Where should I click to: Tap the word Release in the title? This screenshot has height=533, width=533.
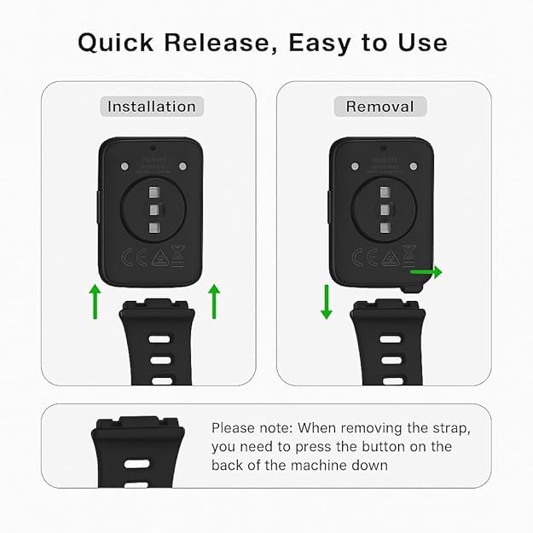coord(225,43)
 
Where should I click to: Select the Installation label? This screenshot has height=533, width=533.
coord(151,107)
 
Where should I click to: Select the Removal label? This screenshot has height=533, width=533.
coord(379,107)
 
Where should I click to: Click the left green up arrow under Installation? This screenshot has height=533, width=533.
coord(96,302)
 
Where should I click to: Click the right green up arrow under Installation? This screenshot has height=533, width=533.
coord(214,302)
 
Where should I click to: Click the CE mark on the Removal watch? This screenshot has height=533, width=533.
coord(359,257)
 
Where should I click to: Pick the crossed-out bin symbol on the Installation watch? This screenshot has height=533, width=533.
coord(180,254)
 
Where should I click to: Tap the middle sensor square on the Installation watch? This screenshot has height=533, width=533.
coord(154,209)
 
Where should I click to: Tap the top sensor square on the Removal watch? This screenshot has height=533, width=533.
coord(385,191)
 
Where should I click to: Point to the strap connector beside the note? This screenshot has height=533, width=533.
coord(133,425)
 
